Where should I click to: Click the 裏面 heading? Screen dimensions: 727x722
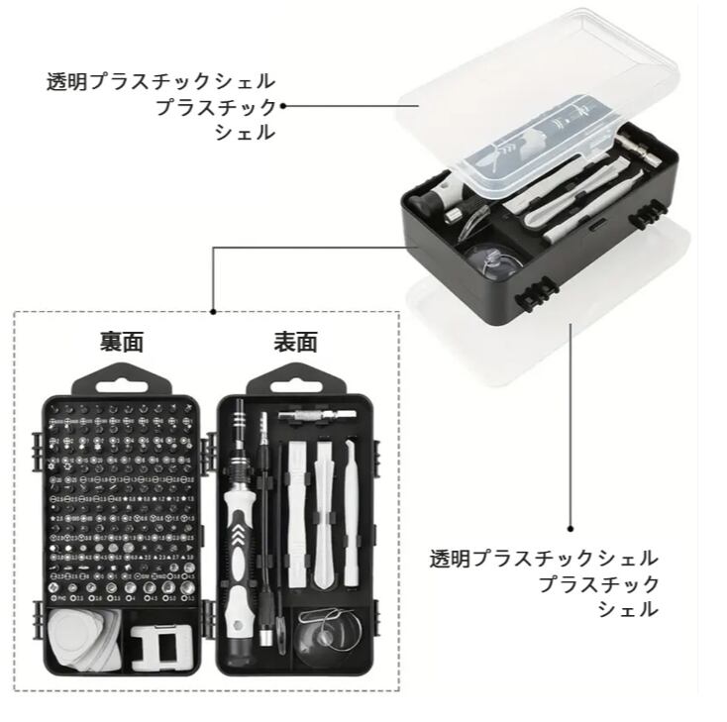click(x=122, y=343)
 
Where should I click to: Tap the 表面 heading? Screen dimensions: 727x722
click(x=295, y=343)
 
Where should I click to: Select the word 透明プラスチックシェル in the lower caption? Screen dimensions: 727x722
click(x=543, y=559)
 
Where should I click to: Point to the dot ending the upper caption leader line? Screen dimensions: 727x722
click(x=283, y=105)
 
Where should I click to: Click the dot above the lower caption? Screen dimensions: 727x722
click(x=571, y=530)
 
